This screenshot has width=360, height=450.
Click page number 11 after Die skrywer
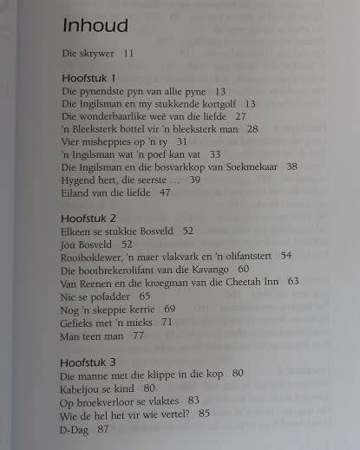[129, 53]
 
